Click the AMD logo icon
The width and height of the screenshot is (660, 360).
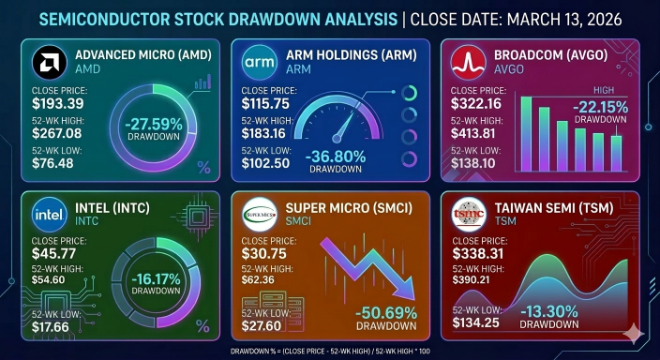coord(50,62)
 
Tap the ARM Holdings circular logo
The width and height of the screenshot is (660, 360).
coord(260,62)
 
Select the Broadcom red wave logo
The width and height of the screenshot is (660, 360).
coord(468,62)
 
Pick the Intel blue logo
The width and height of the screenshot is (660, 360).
coord(50,215)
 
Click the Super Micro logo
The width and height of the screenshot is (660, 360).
coord(260,215)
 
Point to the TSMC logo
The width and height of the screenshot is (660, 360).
coord(469,215)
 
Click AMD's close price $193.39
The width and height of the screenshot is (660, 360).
coord(58,103)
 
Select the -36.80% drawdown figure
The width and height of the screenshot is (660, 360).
coord(336,157)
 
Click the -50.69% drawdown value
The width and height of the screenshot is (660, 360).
coord(386,313)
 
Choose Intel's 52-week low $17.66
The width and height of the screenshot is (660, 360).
coord(50,327)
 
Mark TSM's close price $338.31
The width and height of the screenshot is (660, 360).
coord(477,254)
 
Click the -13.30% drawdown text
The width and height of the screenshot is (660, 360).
coord(548,312)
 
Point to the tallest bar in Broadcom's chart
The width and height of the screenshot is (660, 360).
coord(526,134)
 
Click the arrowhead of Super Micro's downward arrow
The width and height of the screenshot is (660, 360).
coord(405,290)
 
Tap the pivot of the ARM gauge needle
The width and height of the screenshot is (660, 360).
coord(337,139)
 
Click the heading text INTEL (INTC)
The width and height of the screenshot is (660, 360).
coord(112,208)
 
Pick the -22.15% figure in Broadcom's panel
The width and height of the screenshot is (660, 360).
coord(600,108)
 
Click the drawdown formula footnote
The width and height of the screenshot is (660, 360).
coord(330,352)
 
